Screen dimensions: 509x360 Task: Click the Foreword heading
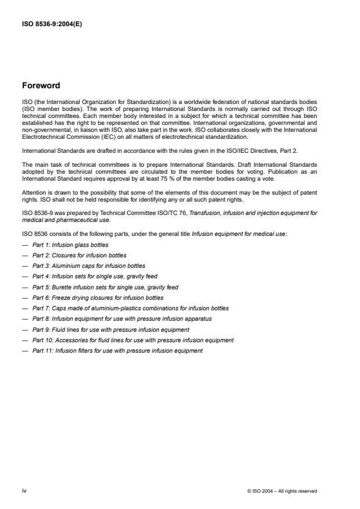click(x=41, y=85)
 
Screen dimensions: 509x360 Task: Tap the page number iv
click(x=24, y=491)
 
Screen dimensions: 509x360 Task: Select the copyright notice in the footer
click(x=282, y=491)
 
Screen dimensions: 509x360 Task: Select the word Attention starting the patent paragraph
click(x=34, y=192)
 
